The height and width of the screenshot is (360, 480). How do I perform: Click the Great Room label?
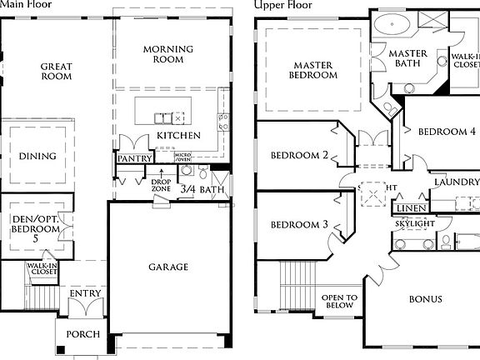point(57,72)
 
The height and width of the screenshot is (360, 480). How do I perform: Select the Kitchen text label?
point(178,135)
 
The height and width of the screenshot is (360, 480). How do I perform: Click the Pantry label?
point(133,158)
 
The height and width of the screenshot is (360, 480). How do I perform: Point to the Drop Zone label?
point(161,185)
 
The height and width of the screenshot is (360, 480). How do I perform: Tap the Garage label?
point(168,267)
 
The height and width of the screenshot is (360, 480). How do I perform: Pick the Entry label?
point(86,293)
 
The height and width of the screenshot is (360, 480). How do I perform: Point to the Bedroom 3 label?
point(297,225)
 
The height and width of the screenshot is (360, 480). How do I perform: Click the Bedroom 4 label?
point(447,132)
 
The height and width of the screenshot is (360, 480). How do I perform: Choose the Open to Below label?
point(340,301)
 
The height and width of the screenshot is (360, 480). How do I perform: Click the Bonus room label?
point(425,300)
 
